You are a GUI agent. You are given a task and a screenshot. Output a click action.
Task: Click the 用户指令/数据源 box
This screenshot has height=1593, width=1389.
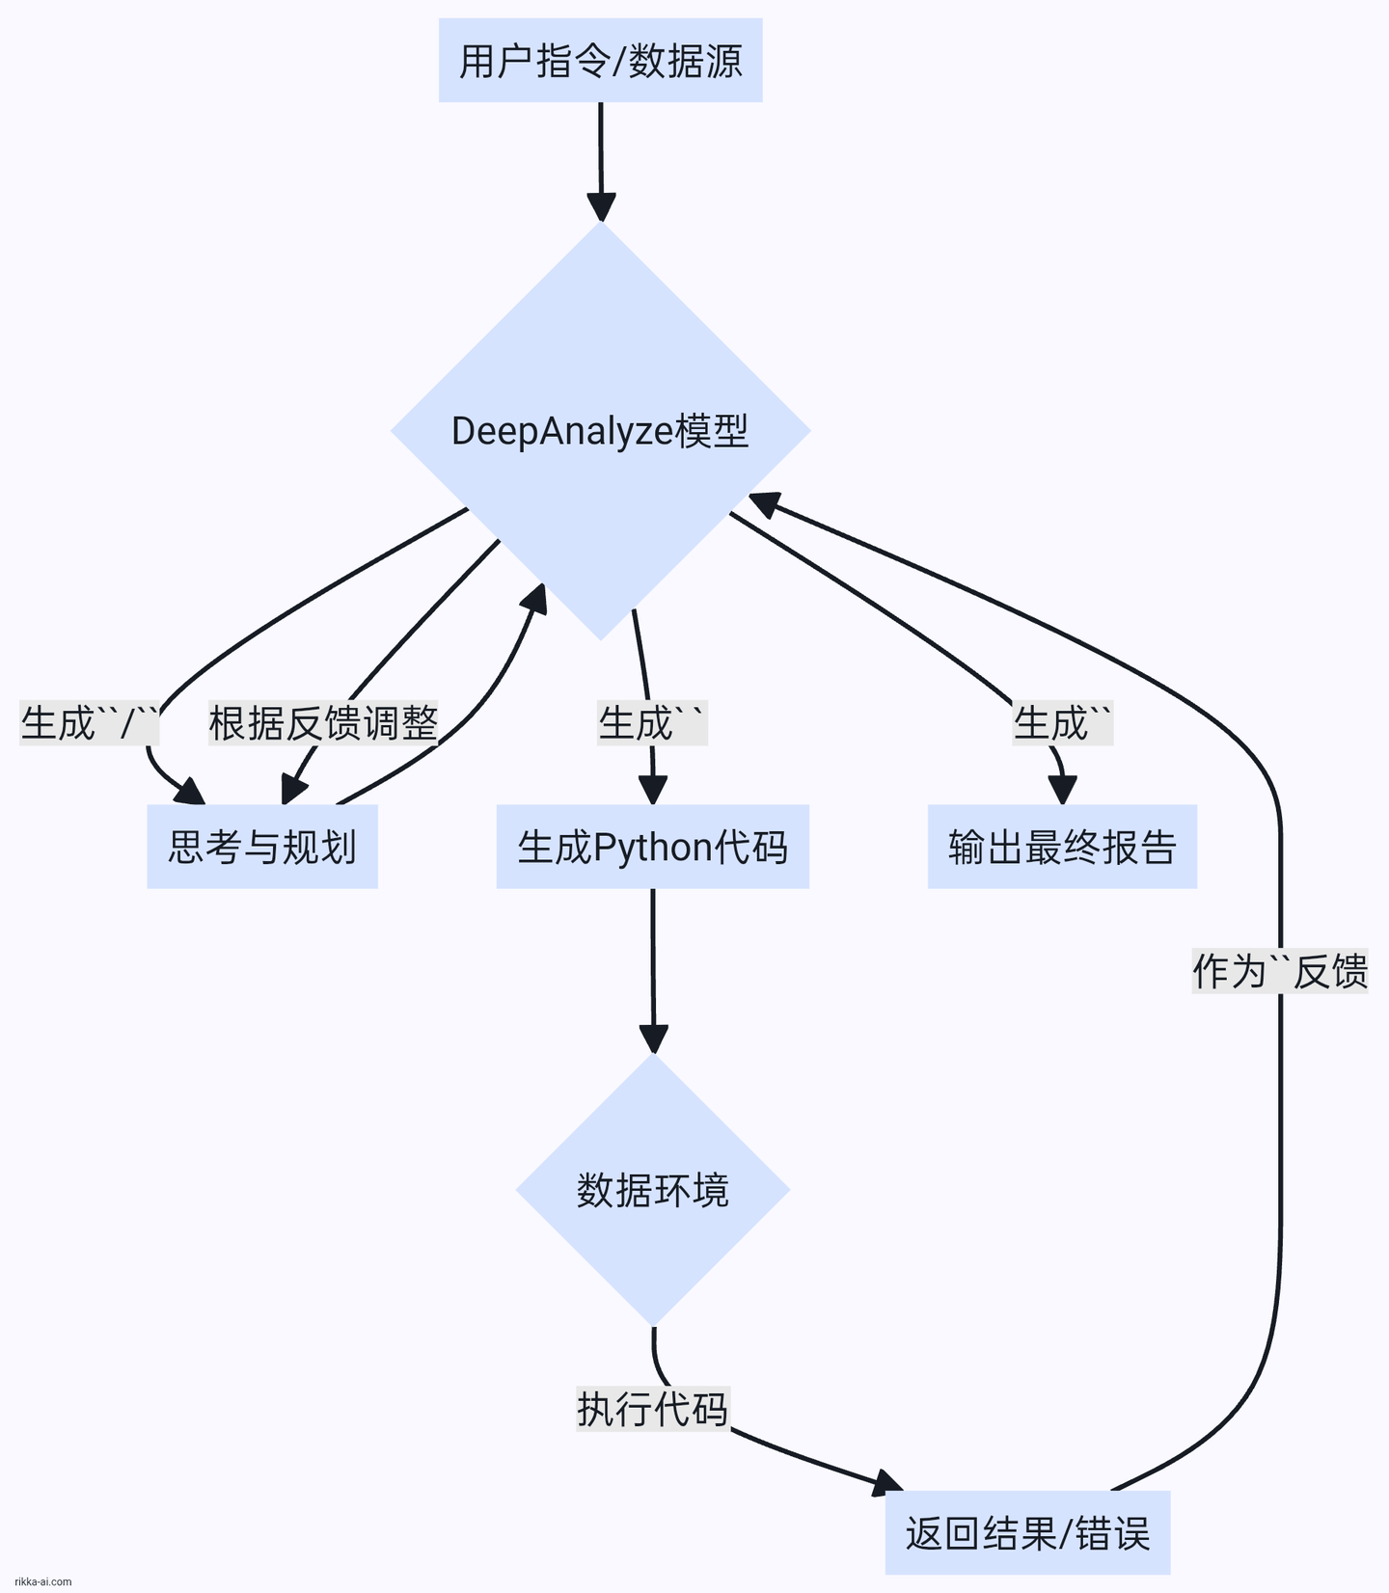[600, 61]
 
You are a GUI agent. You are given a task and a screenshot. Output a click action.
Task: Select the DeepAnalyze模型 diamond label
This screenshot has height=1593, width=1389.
[600, 431]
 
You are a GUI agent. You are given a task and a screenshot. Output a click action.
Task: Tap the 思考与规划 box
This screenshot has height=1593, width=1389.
[262, 847]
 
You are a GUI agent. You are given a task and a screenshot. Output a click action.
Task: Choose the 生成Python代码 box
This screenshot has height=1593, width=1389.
[652, 847]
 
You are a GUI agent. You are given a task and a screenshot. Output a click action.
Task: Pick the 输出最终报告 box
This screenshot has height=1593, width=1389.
[1062, 847]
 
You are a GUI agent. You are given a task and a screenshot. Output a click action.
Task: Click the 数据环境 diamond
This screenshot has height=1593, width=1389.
[653, 1190]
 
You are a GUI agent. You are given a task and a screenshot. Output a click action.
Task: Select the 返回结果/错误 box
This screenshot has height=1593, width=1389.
[1027, 1532]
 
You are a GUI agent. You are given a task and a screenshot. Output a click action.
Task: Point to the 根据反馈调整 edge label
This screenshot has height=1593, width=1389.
[323, 723]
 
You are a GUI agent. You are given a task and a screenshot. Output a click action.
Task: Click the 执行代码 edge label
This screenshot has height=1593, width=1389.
[652, 1409]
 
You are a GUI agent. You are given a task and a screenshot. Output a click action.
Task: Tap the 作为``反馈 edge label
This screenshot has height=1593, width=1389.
[1280, 970]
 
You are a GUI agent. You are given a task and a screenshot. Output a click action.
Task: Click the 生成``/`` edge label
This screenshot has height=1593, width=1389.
[90, 723]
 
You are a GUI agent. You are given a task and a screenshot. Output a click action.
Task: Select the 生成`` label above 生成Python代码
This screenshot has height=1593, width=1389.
[652, 723]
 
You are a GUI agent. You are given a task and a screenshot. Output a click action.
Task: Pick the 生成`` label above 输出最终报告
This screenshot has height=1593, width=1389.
[1063, 723]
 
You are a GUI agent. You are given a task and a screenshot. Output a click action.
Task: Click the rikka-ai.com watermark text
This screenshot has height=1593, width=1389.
[43, 1581]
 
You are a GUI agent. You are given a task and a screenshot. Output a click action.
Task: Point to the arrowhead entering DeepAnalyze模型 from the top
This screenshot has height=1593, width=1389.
[601, 207]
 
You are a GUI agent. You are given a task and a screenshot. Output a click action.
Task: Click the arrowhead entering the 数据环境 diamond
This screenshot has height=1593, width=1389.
[653, 1039]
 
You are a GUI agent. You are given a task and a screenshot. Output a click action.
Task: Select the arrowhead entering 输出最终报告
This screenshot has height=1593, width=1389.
[1062, 790]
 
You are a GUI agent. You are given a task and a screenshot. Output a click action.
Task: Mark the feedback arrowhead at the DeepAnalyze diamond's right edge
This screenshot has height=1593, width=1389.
[764, 502]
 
